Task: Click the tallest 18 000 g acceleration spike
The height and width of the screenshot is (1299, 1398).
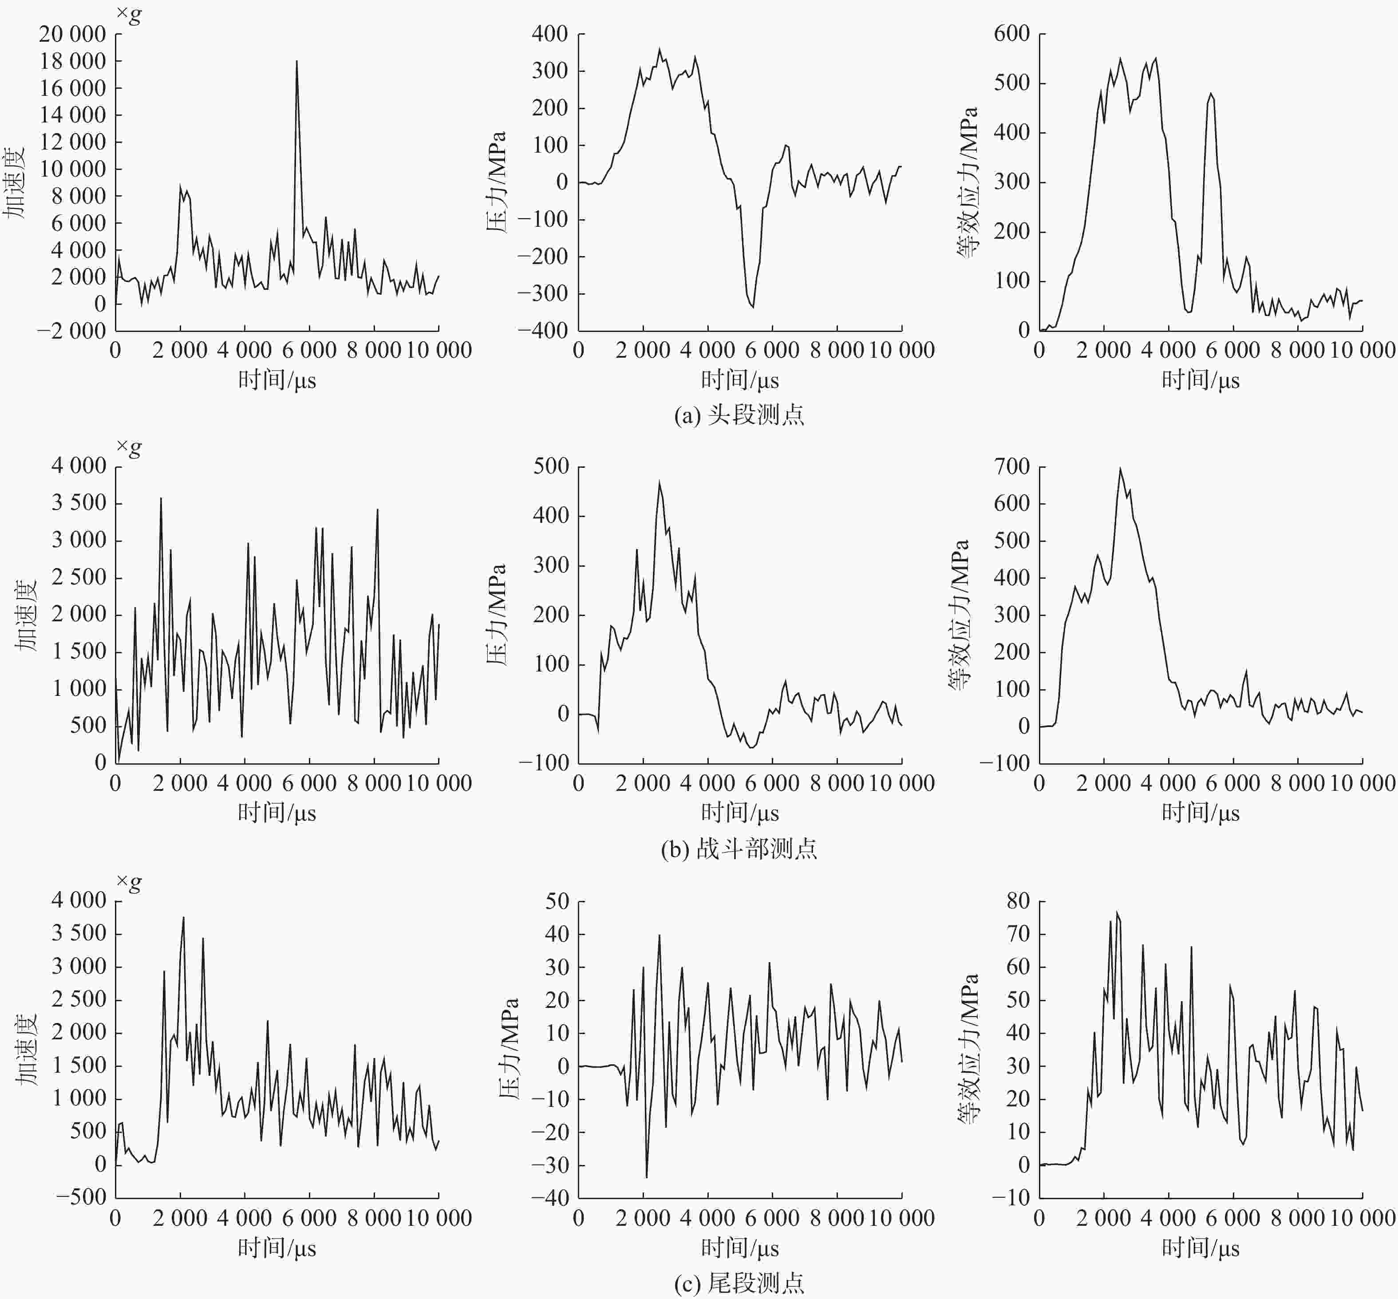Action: (296, 61)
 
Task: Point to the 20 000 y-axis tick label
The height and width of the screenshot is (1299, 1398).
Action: (72, 34)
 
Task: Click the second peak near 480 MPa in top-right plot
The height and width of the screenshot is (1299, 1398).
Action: (1210, 94)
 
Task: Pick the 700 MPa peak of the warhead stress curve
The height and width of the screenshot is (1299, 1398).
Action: (1120, 469)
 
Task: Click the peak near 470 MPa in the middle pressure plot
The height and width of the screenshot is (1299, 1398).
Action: (660, 482)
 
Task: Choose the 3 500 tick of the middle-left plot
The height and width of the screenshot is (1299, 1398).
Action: (79, 503)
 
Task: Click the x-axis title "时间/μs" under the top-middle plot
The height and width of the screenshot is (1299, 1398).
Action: (739, 380)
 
